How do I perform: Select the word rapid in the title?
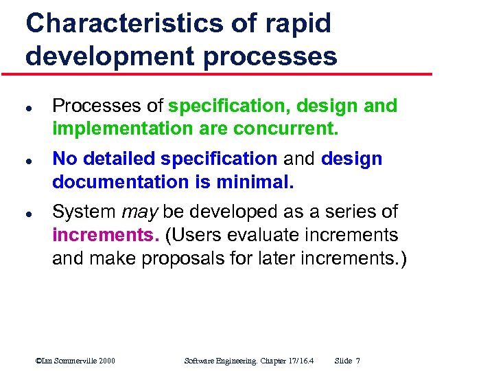pos(296,24)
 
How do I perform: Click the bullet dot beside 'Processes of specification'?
pos(28,108)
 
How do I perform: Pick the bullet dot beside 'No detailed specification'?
pos(28,160)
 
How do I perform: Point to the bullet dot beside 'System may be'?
pos(28,213)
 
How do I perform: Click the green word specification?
pos(222,106)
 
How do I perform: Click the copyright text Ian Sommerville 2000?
pos(75,361)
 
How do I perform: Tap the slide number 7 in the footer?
pos(358,361)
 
